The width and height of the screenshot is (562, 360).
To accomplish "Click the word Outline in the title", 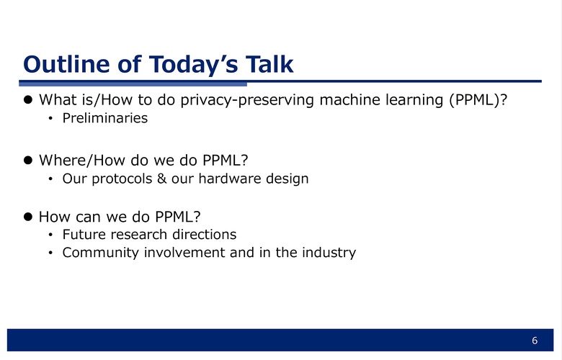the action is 66,64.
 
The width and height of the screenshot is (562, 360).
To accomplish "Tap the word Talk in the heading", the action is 269,64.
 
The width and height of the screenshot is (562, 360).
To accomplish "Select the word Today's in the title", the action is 193,65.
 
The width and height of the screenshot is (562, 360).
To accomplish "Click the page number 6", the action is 535,341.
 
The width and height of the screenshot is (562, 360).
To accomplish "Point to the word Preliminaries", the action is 105,118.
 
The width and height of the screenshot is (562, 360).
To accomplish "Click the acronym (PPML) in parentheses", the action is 478,100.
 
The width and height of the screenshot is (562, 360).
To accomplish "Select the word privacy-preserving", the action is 247,100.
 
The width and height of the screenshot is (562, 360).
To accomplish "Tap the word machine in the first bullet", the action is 350,99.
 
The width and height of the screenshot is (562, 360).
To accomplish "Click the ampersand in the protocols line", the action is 161,179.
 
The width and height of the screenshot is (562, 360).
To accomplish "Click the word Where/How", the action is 82,160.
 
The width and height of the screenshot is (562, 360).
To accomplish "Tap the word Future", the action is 84,234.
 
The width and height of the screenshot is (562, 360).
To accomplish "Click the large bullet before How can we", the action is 28,216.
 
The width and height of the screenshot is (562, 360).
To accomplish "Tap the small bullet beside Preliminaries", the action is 50,118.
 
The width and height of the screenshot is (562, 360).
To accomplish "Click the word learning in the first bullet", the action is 414,100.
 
